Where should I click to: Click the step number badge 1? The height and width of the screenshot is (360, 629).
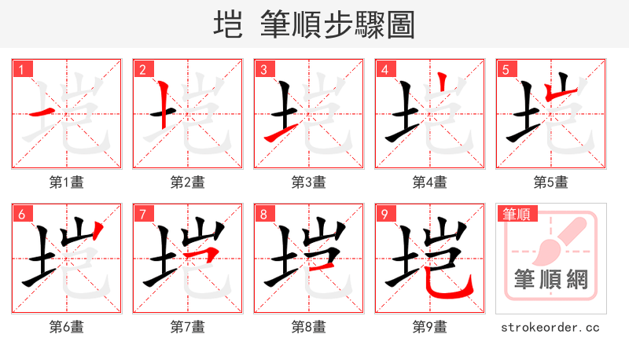(21, 69)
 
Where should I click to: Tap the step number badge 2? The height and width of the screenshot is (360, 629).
(142, 69)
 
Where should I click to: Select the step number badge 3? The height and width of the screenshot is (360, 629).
(263, 69)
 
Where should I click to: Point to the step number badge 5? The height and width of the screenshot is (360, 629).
(506, 69)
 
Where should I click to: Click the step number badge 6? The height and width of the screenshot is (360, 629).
(21, 214)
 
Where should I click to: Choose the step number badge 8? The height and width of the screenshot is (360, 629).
(263, 214)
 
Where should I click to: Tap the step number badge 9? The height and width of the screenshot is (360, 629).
(384, 214)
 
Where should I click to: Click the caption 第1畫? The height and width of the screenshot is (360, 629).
(67, 182)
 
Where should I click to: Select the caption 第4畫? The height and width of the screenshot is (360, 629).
(430, 182)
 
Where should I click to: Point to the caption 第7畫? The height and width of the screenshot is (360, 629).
(188, 327)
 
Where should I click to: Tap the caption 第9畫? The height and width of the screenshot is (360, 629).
(430, 327)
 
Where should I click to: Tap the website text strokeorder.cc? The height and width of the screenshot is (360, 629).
(550, 327)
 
